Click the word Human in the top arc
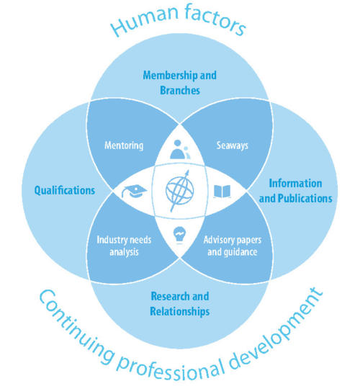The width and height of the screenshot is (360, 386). tap(145, 20)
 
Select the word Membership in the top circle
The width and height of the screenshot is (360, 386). tap(171, 76)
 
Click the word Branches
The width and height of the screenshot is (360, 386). tap(180, 90)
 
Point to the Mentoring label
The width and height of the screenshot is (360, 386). tap(124, 145)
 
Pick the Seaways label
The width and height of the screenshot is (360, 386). tap(233, 145)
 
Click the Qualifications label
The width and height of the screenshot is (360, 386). tap(65, 190)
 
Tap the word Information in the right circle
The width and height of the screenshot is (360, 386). tap(295, 184)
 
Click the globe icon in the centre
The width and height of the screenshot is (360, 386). tap(180, 191)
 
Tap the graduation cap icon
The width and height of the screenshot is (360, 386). tap(134, 191)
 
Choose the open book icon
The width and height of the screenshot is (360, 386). tap(222, 192)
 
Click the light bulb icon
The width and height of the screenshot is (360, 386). tap(179, 235)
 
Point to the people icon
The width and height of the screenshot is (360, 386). tap(180, 149)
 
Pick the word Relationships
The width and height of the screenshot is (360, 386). tap(180, 311)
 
